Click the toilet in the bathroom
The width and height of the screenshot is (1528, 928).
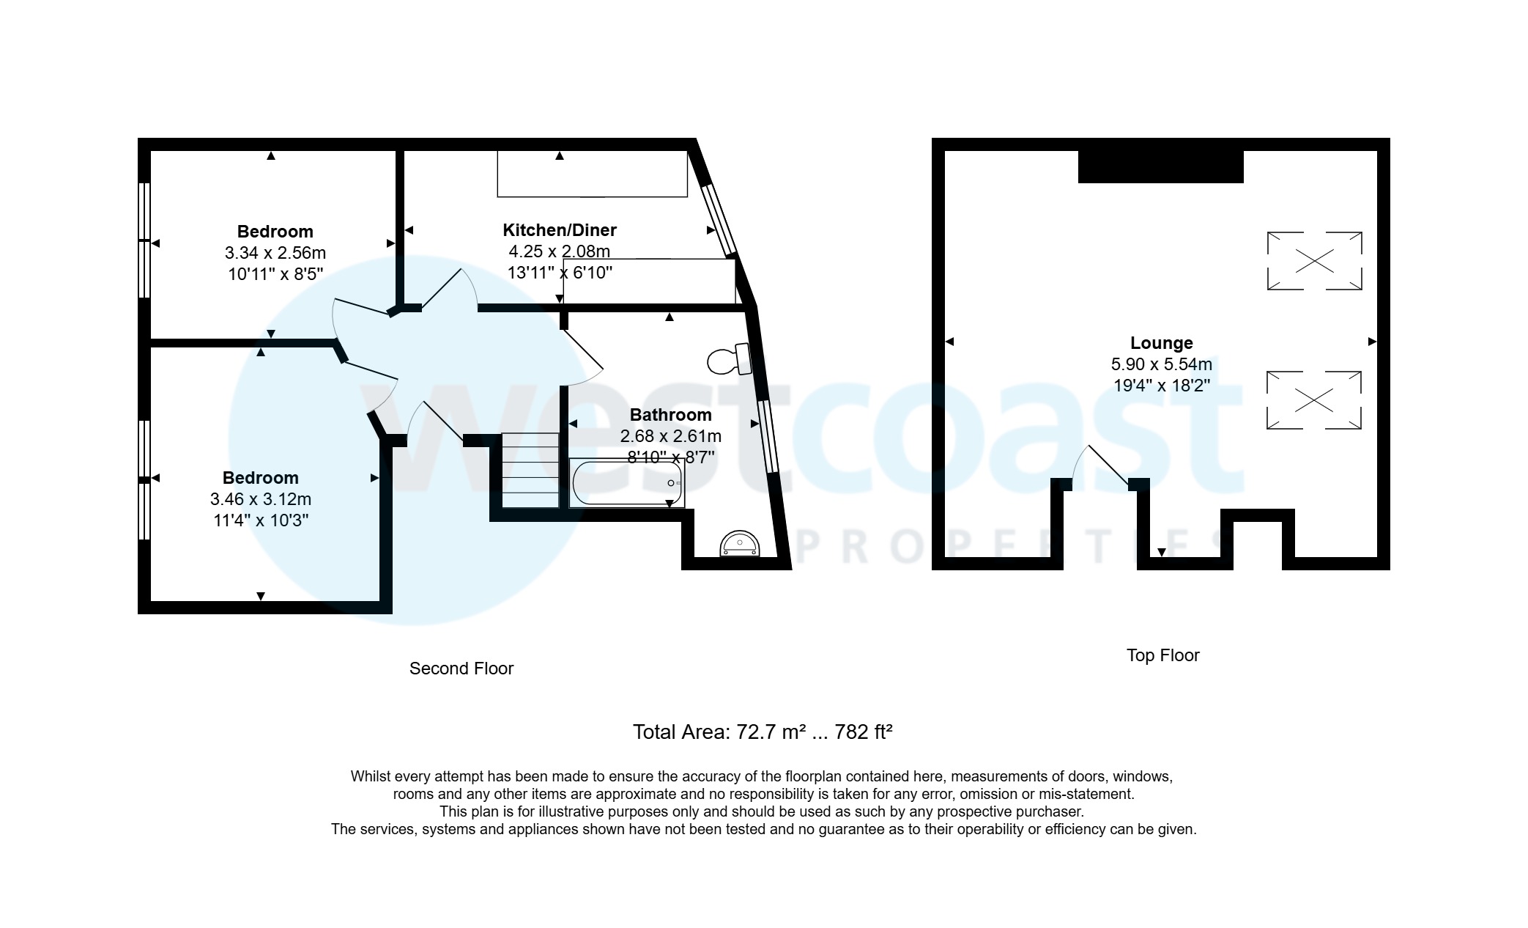click(728, 359)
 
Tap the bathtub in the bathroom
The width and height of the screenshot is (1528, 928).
click(626, 483)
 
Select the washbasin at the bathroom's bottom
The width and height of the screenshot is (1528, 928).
click(740, 545)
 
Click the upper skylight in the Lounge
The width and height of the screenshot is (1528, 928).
click(1314, 261)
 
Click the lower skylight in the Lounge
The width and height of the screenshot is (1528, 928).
click(1314, 400)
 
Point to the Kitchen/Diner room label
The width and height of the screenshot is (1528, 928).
click(560, 230)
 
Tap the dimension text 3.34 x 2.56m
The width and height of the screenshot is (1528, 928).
click(275, 253)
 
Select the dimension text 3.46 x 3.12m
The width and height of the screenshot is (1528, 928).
click(261, 499)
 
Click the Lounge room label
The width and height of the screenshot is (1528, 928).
click(1162, 343)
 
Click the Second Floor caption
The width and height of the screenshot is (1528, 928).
click(461, 669)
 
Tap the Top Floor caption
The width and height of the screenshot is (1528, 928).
click(1162, 655)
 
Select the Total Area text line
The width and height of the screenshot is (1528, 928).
click(763, 732)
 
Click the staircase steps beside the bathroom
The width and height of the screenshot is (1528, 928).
click(530, 470)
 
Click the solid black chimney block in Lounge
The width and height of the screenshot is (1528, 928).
click(1160, 166)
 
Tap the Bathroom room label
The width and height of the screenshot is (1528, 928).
click(670, 415)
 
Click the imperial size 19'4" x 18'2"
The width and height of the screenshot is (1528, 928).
click(1162, 386)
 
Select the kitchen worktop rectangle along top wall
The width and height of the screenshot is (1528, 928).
click(592, 174)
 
